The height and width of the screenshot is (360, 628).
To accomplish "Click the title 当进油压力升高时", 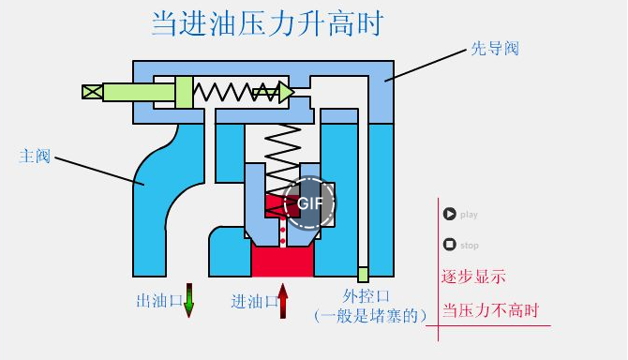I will coord(267,23).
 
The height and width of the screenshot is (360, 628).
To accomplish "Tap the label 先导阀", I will coord(494,50).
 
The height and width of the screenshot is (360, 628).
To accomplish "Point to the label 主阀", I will coord(35,156).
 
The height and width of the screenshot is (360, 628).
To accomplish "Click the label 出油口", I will coord(158,301).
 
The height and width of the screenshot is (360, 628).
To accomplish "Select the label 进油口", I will coord(253,301).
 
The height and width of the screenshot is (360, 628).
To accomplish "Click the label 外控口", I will coord(365,297).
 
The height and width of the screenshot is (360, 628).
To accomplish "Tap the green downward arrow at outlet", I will coord(188,301).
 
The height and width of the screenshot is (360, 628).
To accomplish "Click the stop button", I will coord(450,245).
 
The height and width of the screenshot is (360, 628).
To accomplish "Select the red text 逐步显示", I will coord(473,277).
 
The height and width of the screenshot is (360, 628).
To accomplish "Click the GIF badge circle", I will coord(310,202).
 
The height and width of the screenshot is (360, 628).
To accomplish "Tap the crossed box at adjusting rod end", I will coord(92,92).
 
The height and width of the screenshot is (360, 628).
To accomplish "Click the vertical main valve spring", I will coord(282,150).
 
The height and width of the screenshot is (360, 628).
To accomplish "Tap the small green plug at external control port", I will coord(363,275).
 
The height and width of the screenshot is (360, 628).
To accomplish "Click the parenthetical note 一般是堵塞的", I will coord(371,316).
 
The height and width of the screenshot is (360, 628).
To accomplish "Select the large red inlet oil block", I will coord(281,262).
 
